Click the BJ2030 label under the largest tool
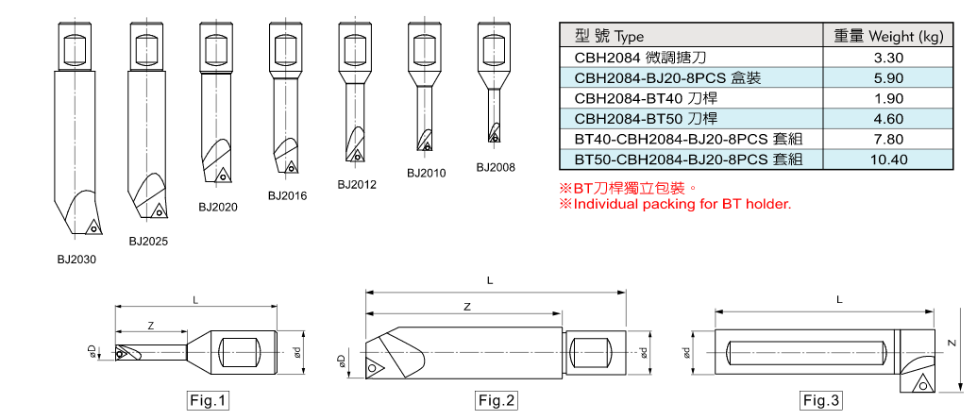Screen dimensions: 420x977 (x=76, y=258)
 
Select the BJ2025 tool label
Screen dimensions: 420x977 (x=148, y=242)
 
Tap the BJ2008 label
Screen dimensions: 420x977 (x=496, y=167)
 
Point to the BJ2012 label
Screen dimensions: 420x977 (x=357, y=185)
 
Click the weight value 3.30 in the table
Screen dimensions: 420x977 (x=890, y=58)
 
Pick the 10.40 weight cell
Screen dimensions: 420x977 (x=890, y=160)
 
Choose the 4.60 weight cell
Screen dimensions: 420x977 (x=890, y=119)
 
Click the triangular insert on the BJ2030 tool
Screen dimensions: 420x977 (x=94, y=226)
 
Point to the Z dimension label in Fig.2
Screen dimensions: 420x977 (x=466, y=308)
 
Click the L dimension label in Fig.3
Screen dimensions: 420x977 (x=838, y=299)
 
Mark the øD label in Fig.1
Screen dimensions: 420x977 (x=92, y=351)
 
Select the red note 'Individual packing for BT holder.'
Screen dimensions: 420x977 (x=675, y=204)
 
